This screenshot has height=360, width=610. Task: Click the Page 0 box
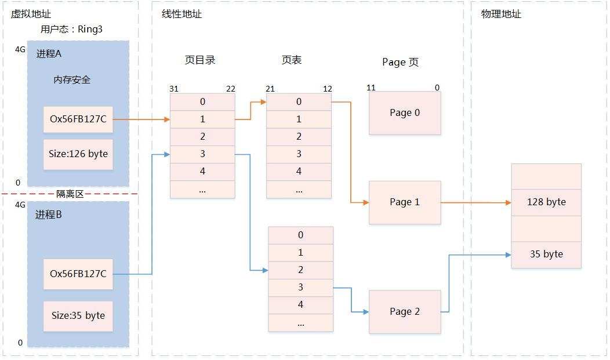(x=405, y=113)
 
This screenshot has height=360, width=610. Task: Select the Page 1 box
(x=405, y=202)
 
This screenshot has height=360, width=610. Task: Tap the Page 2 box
(x=405, y=312)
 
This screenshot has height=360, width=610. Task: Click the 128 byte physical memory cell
(x=546, y=202)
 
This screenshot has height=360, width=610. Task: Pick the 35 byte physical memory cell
(x=546, y=254)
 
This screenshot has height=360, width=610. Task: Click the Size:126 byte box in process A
(x=78, y=154)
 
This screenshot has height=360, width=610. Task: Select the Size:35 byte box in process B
(x=78, y=316)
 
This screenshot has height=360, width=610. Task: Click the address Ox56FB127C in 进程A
(x=78, y=119)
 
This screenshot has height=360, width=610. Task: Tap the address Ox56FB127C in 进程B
(x=78, y=274)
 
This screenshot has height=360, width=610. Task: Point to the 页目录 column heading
(x=200, y=60)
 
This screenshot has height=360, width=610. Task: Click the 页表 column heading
(x=292, y=60)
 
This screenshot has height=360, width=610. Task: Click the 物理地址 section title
(x=501, y=14)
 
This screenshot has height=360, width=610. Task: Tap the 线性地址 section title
(x=181, y=14)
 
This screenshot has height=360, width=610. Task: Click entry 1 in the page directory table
(x=202, y=119)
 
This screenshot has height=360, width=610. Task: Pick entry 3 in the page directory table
(x=202, y=154)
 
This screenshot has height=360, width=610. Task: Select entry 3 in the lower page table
(x=300, y=288)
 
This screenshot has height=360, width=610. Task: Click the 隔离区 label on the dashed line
(x=70, y=194)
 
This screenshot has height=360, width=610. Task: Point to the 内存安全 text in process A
(x=72, y=80)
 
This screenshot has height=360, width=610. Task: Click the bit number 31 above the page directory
(x=174, y=89)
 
